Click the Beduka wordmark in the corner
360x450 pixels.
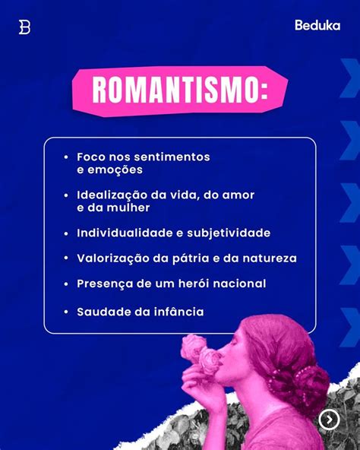click(x=317, y=25)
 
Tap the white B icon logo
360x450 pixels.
click(x=24, y=27)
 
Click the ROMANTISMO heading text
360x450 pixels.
click(x=180, y=90)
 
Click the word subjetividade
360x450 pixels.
click(x=229, y=233)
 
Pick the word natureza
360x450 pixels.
click(x=270, y=258)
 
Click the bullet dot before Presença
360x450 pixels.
click(x=66, y=284)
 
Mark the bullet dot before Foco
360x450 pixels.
click(x=66, y=157)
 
